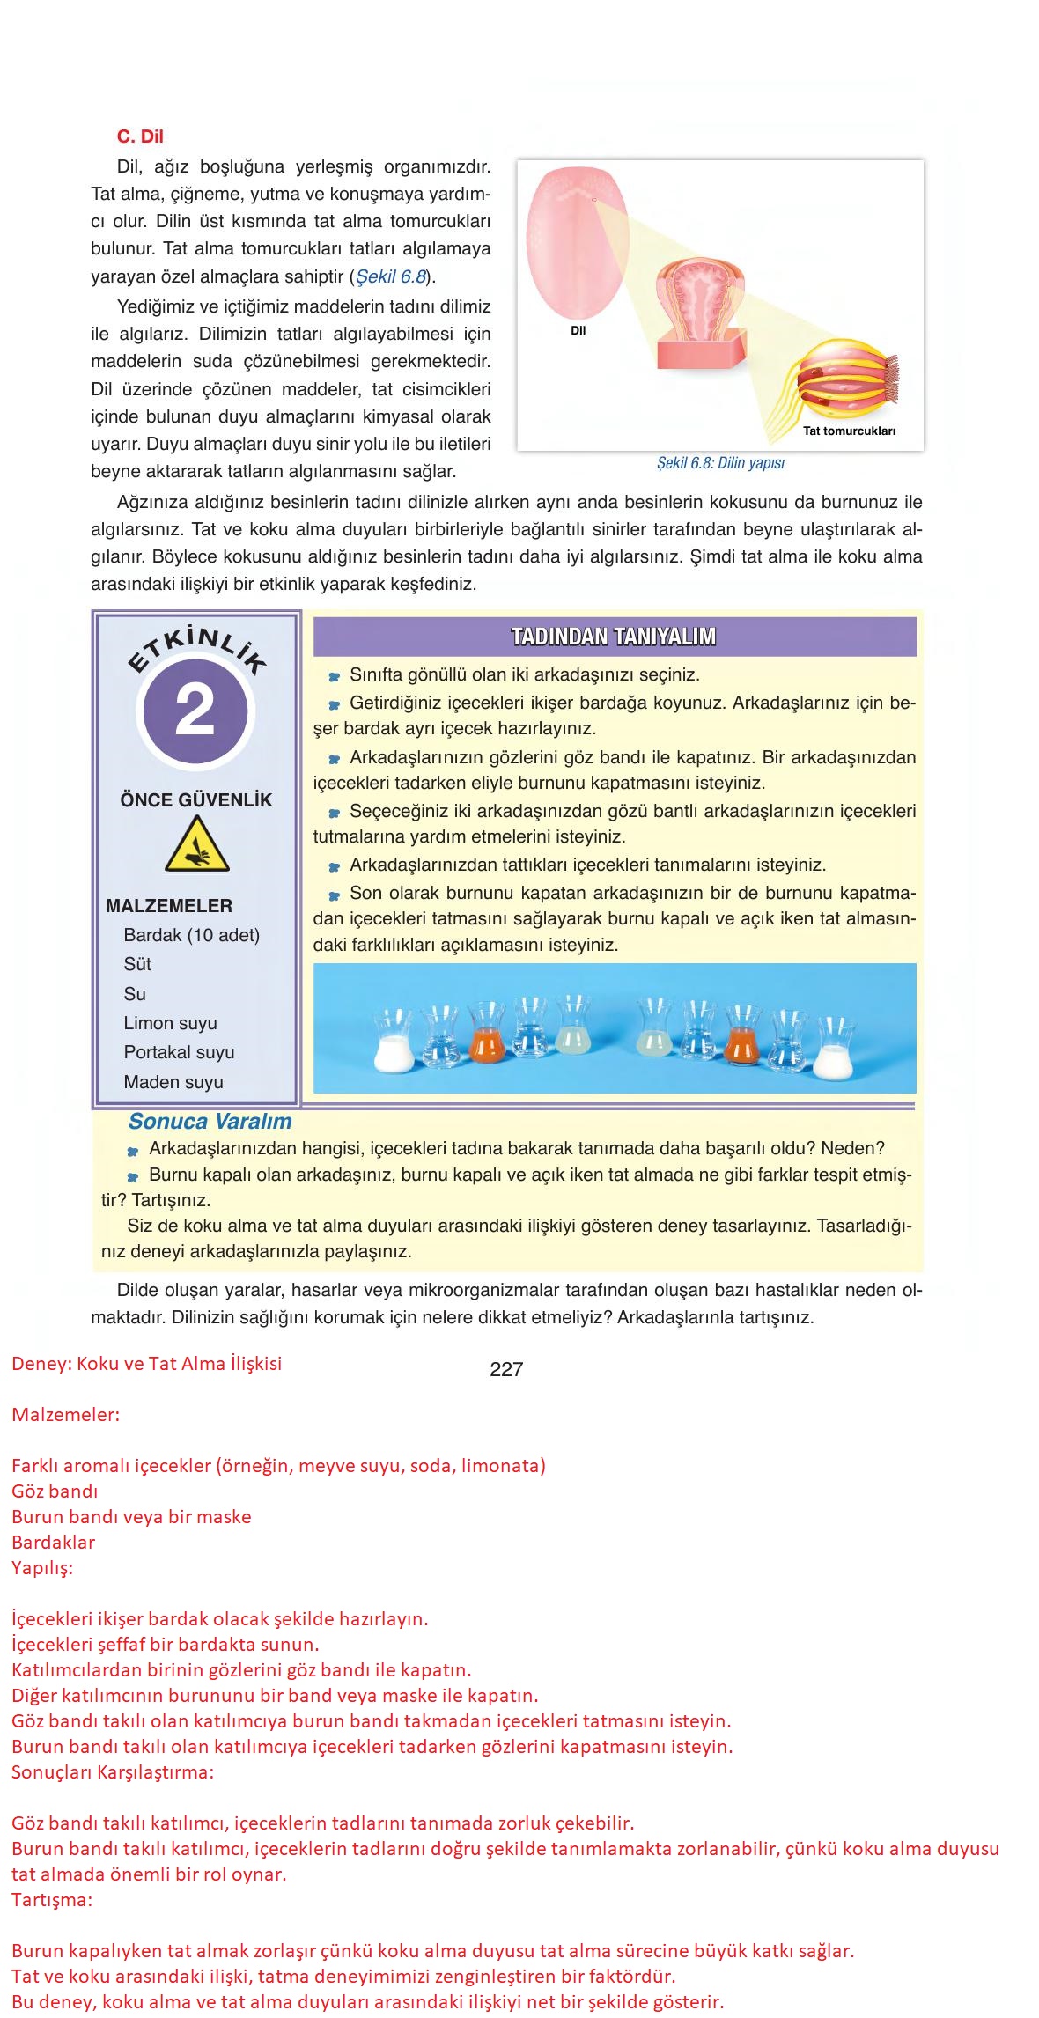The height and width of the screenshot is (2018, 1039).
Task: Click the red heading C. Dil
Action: pos(140,136)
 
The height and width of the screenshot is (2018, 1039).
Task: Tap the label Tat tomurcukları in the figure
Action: pos(848,431)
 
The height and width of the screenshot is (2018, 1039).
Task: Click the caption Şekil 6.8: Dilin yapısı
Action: pos(720,463)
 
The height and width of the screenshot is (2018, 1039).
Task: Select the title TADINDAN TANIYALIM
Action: pos(614,637)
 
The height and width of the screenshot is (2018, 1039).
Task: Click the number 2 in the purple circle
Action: pos(195,711)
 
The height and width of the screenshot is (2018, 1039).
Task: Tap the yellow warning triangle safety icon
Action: pos(197,844)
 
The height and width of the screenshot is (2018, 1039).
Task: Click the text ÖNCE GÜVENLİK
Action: pos(196,800)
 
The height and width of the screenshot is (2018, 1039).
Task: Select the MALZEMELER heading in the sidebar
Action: pos(169,906)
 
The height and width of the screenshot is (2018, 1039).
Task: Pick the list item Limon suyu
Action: pos(170,1023)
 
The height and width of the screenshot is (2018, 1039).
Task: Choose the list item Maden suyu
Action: pos(173,1082)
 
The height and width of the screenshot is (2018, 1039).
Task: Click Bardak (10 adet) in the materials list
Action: pos(191,935)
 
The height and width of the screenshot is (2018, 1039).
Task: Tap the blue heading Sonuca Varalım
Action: pos(210,1122)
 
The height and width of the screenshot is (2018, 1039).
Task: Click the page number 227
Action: pos(506,1369)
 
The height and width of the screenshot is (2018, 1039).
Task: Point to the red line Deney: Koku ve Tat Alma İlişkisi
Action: pos(147,1364)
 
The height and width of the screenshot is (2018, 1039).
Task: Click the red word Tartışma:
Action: pos(52,1899)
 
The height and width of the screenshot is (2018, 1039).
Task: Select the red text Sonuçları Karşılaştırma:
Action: pos(113,1771)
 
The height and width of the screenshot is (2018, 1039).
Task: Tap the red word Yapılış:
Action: pos(42,1567)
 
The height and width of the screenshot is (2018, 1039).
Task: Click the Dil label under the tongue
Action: pos(578,331)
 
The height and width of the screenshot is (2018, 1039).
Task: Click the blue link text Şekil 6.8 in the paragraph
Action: pos(391,276)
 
